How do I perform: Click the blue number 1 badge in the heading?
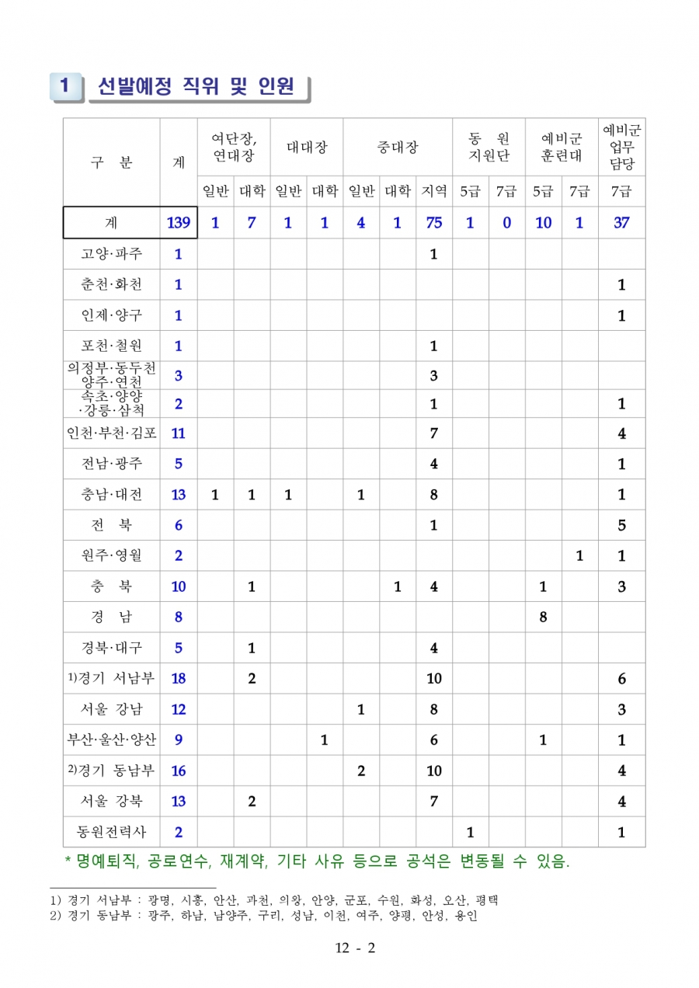[x=65, y=87]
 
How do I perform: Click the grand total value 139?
[x=179, y=223]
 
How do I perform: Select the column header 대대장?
[x=306, y=147]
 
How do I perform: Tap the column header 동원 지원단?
[x=489, y=147]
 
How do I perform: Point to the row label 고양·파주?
[x=111, y=254]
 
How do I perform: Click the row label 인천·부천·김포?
[x=111, y=433]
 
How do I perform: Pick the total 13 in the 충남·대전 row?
[x=179, y=495]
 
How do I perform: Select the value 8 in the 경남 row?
[x=543, y=617]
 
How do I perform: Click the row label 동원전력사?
[x=111, y=832]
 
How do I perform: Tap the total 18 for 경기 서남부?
[x=179, y=679]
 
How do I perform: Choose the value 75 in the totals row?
[x=433, y=223]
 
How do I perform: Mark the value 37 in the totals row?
[x=621, y=223]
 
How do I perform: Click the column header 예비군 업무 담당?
[x=621, y=147]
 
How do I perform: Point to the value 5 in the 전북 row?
[x=621, y=525]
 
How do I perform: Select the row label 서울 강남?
[x=111, y=709]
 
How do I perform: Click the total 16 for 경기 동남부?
[x=179, y=771]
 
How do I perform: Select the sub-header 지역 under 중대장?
[x=433, y=190]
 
